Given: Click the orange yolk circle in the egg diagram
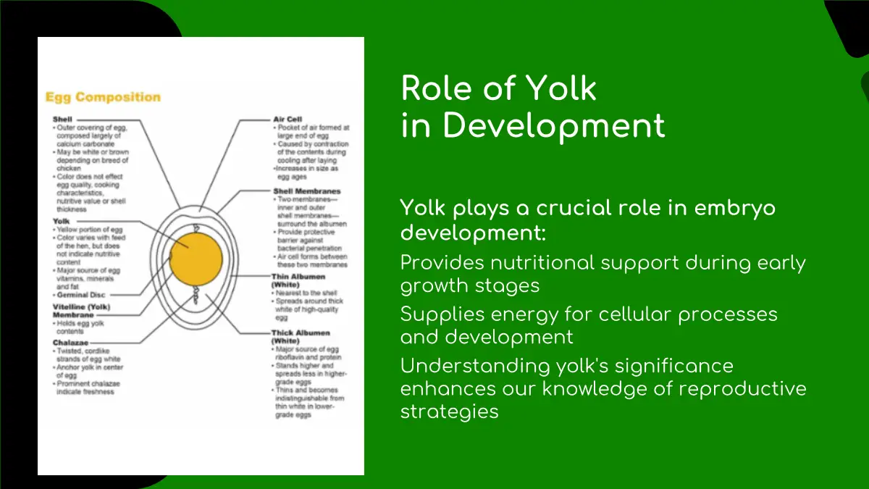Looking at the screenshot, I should point(196,259).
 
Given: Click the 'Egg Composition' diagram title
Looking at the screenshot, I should point(103,97).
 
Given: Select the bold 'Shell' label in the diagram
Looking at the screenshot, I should point(62,119).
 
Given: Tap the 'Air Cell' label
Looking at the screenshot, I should point(287,119).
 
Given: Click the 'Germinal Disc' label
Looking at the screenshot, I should point(82,295).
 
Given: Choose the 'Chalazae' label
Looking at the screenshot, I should point(70,342).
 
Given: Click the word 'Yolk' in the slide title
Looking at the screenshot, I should point(561,88).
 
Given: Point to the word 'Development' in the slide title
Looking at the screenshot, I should point(554,125).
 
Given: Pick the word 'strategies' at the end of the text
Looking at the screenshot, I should point(449,411).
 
